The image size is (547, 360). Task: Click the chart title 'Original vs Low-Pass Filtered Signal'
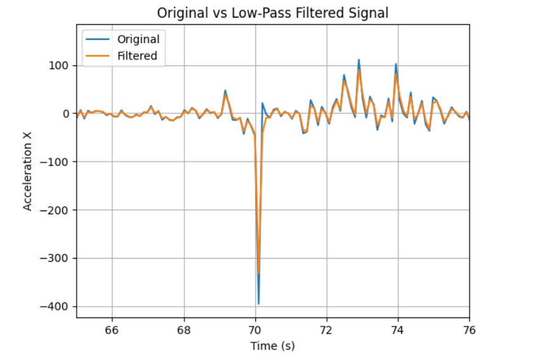pos(273,12)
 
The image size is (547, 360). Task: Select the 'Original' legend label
pos(138,39)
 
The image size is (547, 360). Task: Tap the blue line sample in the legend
pos(98,39)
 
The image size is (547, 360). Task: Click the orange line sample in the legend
pos(98,56)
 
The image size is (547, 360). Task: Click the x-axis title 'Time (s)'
pos(273,345)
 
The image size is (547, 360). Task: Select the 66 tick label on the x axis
pos(112,330)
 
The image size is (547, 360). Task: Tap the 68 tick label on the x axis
pos(184,330)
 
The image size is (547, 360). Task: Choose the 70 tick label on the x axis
pos(255,330)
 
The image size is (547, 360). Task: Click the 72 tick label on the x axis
pos(326,330)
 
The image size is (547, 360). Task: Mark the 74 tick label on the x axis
pos(398,330)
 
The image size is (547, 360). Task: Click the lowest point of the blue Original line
pos(258,304)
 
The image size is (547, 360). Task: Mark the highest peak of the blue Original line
pos(359,60)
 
